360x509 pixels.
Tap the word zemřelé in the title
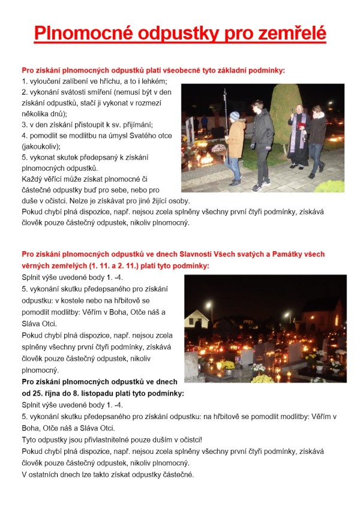[x=290, y=32]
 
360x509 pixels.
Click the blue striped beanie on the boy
[x=235, y=116]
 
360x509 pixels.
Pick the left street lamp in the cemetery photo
[x=208, y=305]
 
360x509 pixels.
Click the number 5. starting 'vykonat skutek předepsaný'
[x=25, y=156]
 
